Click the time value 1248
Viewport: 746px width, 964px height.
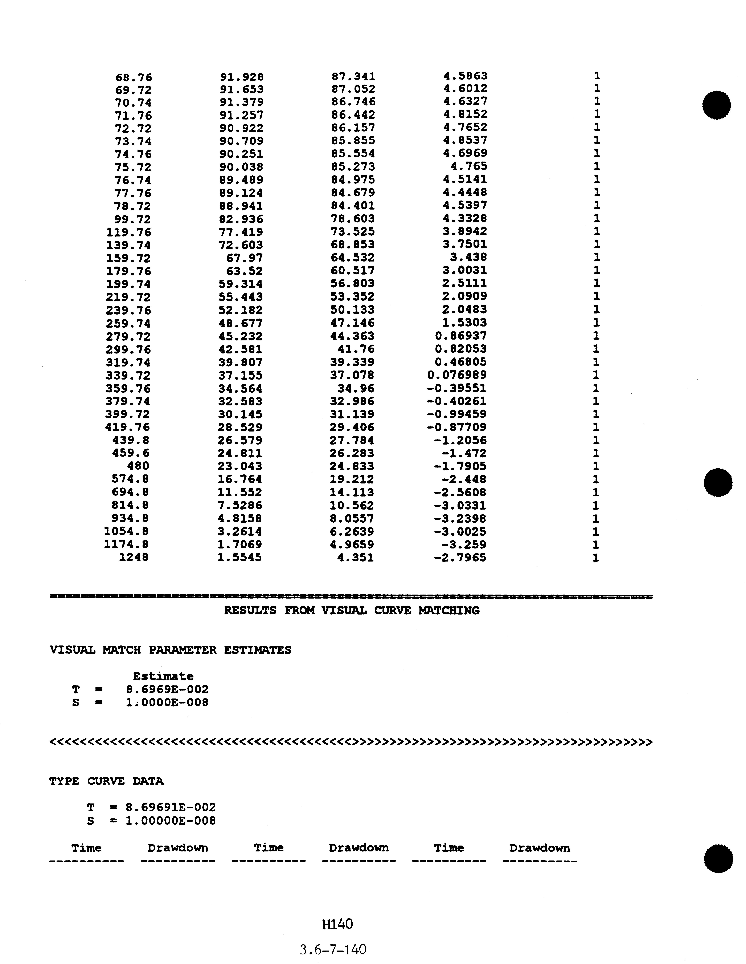coord(134,558)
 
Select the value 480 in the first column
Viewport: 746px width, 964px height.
coord(138,466)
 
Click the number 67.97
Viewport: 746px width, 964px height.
coord(244,258)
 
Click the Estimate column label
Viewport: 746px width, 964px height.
coord(163,676)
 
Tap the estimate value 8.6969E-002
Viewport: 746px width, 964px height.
coord(167,689)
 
